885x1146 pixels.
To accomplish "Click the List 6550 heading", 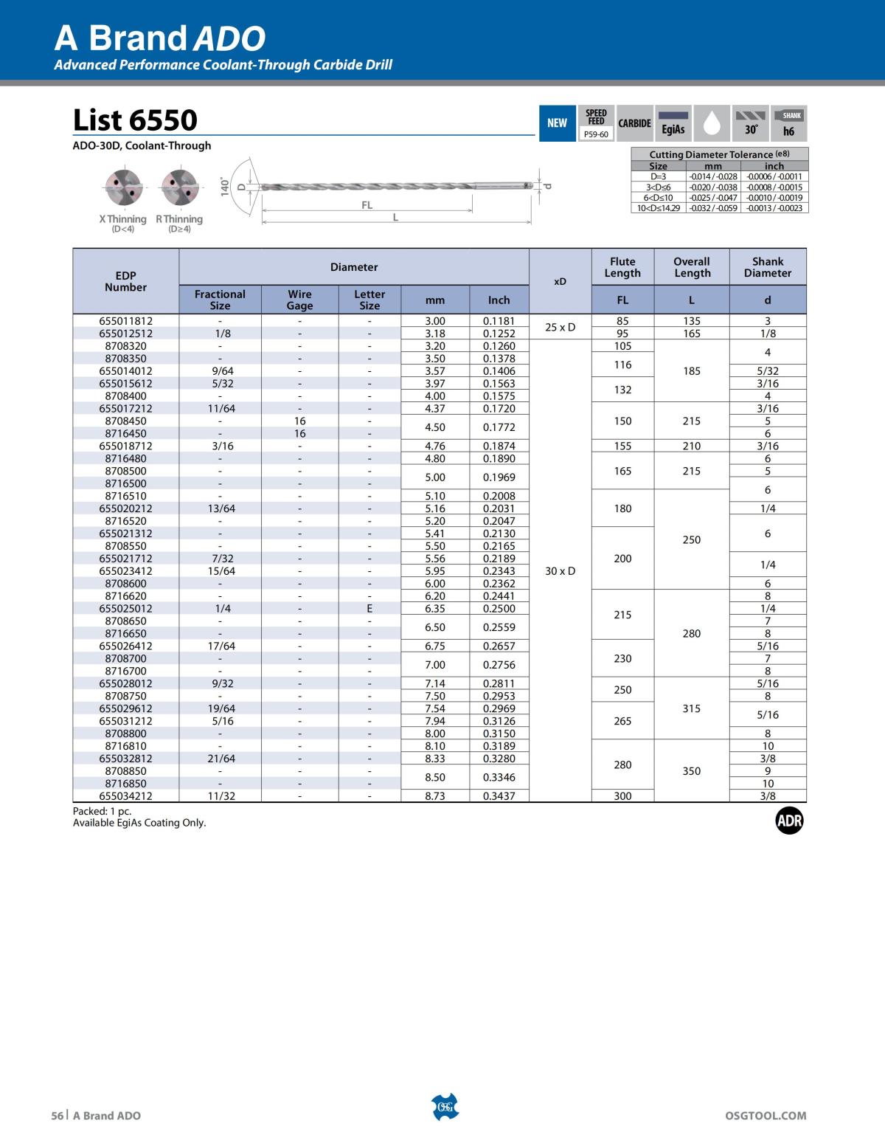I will (x=135, y=120).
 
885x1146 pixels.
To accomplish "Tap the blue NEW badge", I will (x=557, y=123).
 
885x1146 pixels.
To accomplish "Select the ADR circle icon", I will (x=789, y=821).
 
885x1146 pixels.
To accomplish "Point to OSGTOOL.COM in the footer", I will (x=766, y=1116).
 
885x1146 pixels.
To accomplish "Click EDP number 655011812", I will (x=125, y=321).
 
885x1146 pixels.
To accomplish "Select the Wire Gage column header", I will (x=299, y=300).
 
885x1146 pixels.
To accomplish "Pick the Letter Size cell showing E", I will (x=369, y=609).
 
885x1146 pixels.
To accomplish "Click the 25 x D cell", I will (x=560, y=327).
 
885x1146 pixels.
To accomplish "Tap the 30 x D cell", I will (x=560, y=571).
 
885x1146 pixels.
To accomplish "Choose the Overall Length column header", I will (x=692, y=267).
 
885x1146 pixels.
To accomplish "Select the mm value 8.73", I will (x=435, y=796).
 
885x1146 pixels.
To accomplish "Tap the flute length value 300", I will (x=622, y=796).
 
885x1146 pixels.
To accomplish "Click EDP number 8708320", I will (x=125, y=346).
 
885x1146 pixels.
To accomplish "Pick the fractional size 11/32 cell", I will (x=220, y=796).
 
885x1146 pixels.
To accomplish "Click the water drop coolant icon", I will (x=712, y=123).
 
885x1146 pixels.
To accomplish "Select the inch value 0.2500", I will (x=499, y=609).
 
